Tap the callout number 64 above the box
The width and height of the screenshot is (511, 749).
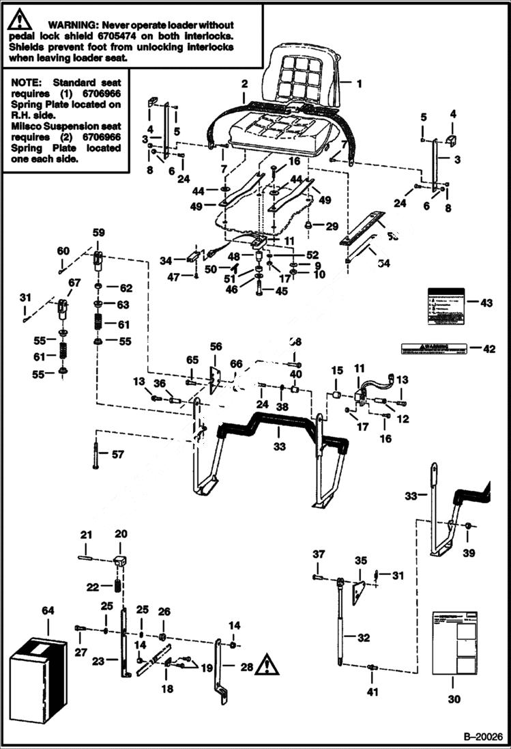click(47, 609)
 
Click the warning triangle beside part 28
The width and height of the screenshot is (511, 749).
click(267, 664)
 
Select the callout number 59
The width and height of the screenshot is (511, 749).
click(99, 233)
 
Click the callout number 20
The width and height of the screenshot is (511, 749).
click(121, 533)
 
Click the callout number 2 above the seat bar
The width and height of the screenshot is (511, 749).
click(244, 84)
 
